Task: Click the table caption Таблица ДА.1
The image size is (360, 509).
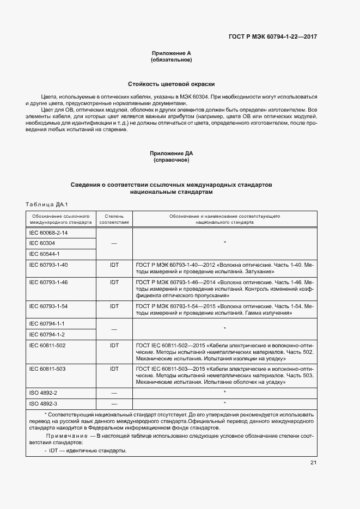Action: click(46, 204)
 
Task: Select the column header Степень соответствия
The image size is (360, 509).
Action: click(114, 219)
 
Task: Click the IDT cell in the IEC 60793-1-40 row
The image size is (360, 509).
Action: click(114, 265)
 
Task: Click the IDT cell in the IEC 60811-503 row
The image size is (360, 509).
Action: click(114, 369)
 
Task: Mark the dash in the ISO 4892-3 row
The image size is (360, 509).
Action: click(114, 403)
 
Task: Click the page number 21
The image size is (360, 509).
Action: click(313, 463)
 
